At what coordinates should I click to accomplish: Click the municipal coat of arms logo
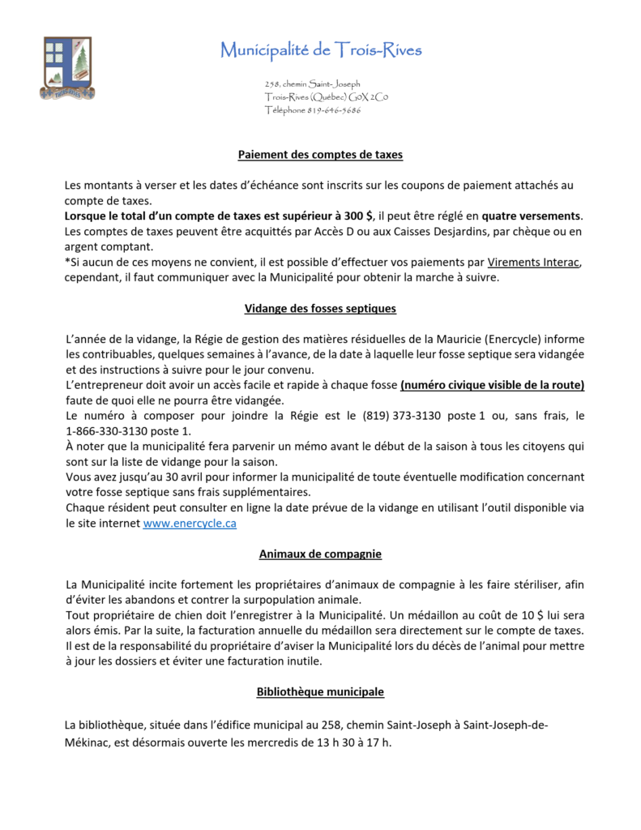(x=67, y=67)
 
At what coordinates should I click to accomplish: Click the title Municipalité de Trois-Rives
(x=321, y=50)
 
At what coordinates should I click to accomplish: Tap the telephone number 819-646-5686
(x=334, y=110)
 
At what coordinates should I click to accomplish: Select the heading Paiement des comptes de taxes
(x=320, y=155)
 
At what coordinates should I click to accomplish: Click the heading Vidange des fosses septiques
(x=320, y=309)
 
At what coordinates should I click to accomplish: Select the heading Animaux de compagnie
(x=320, y=554)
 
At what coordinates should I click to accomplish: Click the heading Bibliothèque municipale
(x=320, y=692)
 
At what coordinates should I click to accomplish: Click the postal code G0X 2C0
(x=369, y=97)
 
